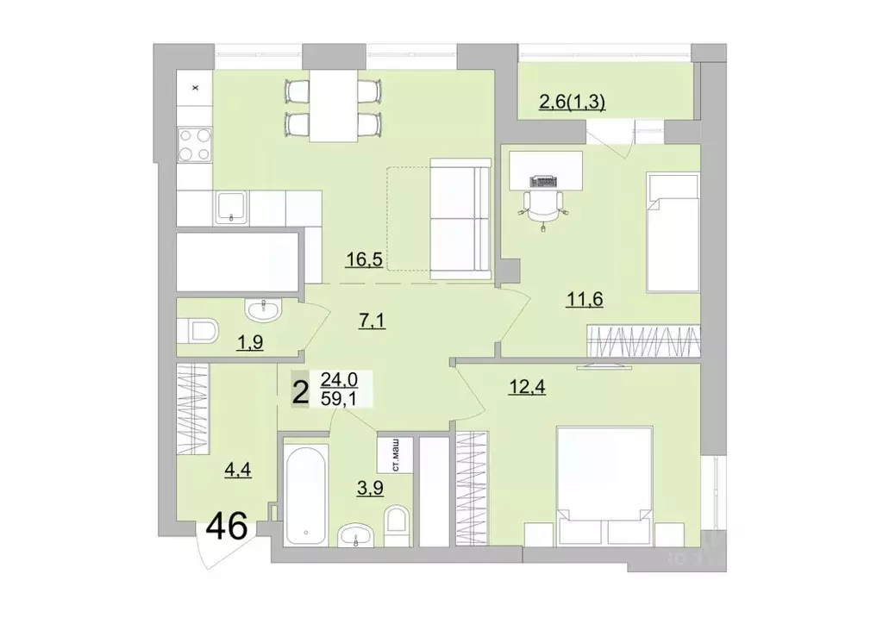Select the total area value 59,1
(x=339, y=397)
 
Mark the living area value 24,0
(x=339, y=379)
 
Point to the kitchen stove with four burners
(x=194, y=144)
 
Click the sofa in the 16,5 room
(x=459, y=220)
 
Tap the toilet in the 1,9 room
(x=201, y=332)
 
